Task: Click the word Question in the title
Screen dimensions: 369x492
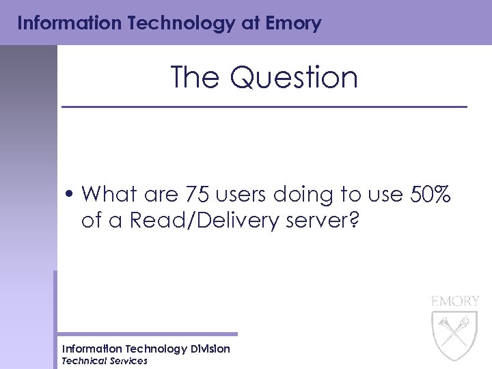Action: [294, 77]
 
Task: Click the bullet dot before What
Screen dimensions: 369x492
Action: [71, 195]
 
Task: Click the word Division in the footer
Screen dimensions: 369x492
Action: [210, 349]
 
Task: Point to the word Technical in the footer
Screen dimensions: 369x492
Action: [85, 361]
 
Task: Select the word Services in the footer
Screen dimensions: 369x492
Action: [128, 361]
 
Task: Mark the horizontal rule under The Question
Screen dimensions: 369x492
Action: [264, 107]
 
